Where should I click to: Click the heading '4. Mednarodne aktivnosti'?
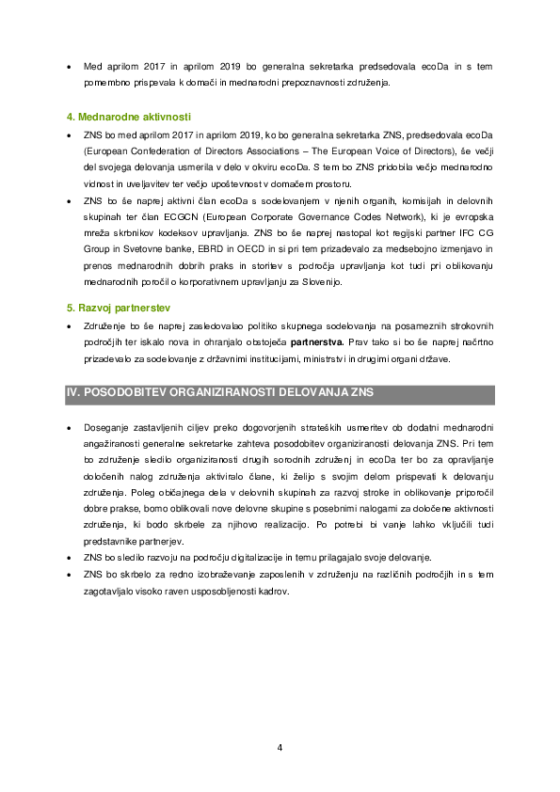[128, 118]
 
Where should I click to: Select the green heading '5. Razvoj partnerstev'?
[119, 309]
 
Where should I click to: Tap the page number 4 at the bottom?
[280, 748]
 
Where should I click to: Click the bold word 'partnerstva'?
[317, 342]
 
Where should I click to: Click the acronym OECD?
[250, 249]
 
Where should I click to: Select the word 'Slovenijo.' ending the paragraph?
[322, 282]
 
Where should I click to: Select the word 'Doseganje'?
[106, 428]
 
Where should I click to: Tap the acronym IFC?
[467, 233]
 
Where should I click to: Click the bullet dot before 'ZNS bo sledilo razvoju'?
[70, 558]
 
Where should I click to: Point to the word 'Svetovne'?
[141, 249]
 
